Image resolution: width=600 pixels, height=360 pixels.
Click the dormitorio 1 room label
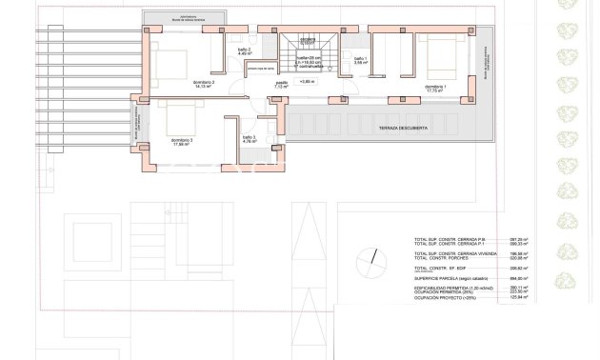434,87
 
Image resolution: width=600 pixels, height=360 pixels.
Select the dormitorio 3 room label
182,140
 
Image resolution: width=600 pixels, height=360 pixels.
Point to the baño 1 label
360,59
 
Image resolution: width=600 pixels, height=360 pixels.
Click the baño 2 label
243,51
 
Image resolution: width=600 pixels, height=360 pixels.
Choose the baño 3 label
249,139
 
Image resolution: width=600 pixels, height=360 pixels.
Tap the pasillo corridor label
282,83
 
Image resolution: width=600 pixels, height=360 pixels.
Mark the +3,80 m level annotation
307,82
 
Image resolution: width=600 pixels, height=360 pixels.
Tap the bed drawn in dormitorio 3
182,117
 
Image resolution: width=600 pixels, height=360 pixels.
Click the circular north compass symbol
368,259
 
